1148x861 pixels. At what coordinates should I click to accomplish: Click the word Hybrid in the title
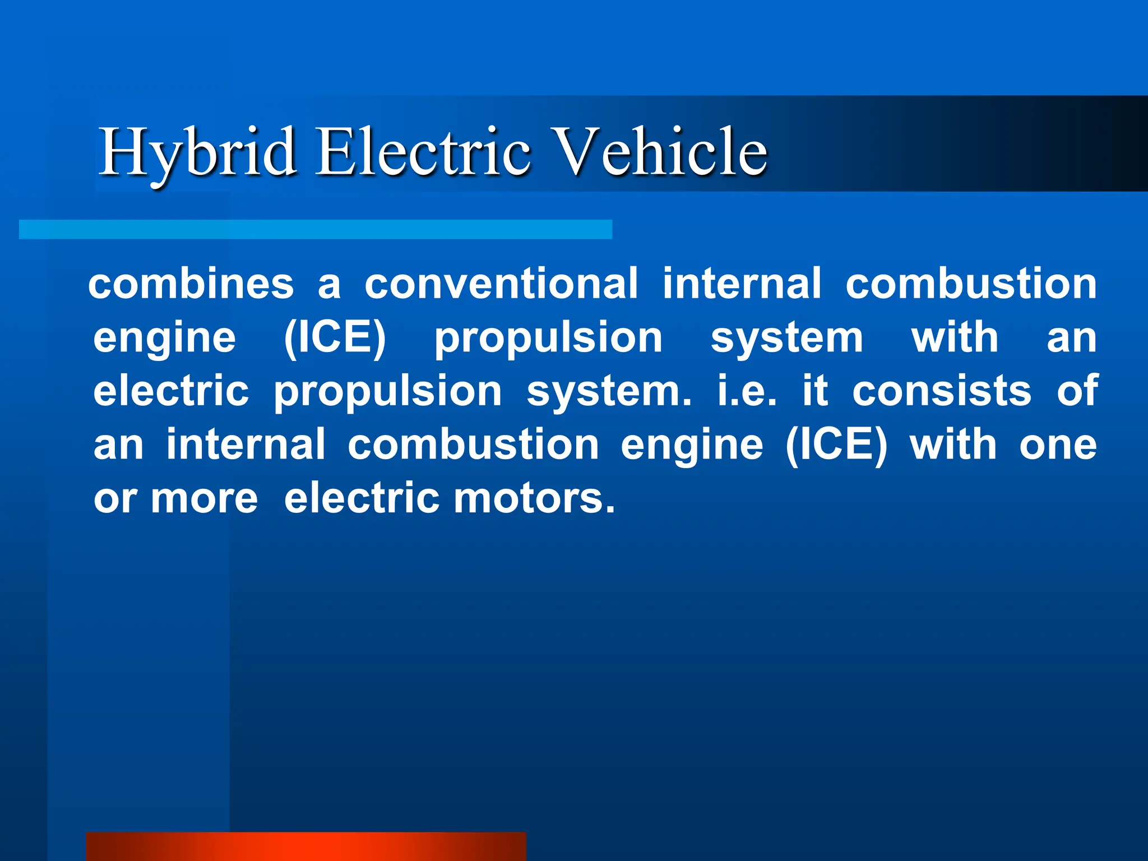coord(198,151)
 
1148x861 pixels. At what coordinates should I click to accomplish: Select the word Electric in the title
coord(423,151)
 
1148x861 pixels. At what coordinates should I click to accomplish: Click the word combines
coord(191,283)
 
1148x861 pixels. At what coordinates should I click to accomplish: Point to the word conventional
coord(501,283)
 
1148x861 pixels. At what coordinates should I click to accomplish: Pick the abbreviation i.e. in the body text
coord(747,391)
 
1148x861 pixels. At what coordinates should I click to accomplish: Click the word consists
coord(942,391)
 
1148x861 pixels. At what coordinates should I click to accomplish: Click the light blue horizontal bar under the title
coord(316,229)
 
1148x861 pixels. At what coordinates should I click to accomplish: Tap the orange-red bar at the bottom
coord(306,846)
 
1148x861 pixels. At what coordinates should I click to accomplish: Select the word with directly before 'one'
coord(953,445)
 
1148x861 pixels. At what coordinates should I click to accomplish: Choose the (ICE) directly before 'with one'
coord(836,445)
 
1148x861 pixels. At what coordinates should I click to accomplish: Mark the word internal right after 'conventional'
coord(742,283)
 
